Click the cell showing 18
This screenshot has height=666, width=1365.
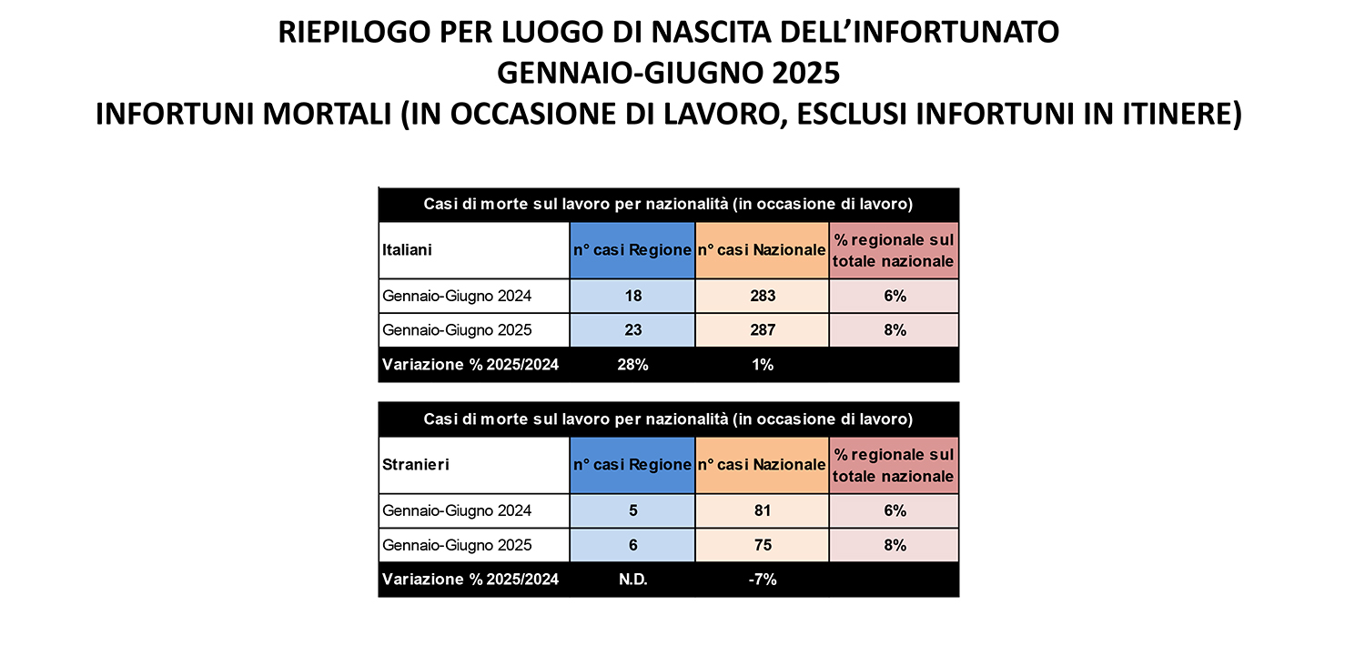(x=632, y=296)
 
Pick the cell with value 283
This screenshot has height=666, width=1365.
(x=762, y=296)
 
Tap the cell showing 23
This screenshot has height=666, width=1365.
(x=632, y=330)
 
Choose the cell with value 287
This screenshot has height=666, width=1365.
(x=762, y=330)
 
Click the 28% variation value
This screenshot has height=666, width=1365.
(x=632, y=365)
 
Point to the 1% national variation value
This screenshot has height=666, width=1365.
(x=762, y=365)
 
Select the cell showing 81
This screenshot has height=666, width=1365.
(x=762, y=510)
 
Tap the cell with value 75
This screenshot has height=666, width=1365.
(x=762, y=545)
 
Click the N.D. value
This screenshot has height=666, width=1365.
(x=632, y=580)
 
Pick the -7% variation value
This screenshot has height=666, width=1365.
(x=762, y=580)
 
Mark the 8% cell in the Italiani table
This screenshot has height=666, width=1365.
(x=894, y=330)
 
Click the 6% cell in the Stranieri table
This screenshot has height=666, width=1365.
(x=894, y=510)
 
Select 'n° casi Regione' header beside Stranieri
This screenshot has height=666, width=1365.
(x=632, y=464)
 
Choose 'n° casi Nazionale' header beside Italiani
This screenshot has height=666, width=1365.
(x=762, y=249)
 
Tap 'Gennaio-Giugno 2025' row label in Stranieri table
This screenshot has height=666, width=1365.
(x=457, y=545)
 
